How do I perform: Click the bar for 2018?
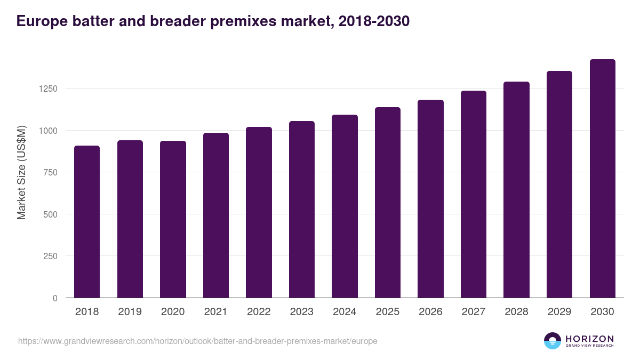click(x=87, y=221)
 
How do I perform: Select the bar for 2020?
click(x=173, y=219)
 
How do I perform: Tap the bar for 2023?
click(x=302, y=209)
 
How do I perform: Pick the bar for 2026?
click(x=430, y=198)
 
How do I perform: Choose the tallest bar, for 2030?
click(x=602, y=178)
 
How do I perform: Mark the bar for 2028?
click(x=516, y=189)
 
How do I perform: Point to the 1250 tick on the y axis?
click(x=47, y=89)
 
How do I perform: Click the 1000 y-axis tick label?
click(x=47, y=131)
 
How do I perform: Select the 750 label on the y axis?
click(x=50, y=172)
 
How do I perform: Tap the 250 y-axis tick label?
click(x=50, y=257)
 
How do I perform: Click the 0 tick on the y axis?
click(x=55, y=298)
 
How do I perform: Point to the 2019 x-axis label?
click(x=130, y=312)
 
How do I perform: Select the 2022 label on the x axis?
click(x=259, y=312)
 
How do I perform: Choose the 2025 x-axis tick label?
click(x=387, y=312)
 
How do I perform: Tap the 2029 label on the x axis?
click(x=559, y=312)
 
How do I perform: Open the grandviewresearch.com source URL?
click(x=197, y=341)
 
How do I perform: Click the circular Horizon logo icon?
click(x=553, y=341)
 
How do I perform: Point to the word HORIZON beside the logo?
click(x=589, y=339)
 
